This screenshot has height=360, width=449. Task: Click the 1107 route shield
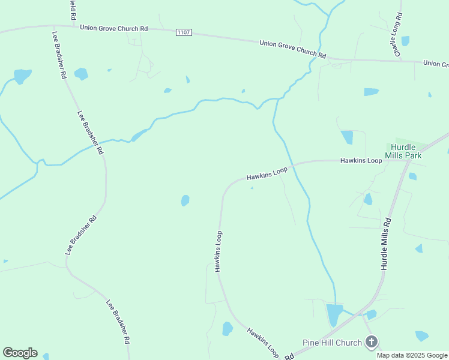pyautogui.click(x=184, y=32)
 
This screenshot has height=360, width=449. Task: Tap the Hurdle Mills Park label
pyautogui.click(x=406, y=151)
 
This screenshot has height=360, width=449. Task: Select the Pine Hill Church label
pyautogui.click(x=332, y=343)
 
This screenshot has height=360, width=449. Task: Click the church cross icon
pyautogui.click(x=372, y=342)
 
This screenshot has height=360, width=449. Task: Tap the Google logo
pyautogui.click(x=20, y=353)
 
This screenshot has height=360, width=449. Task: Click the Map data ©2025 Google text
pyautogui.click(x=412, y=355)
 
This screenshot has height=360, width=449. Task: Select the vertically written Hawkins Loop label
pyautogui.click(x=218, y=251)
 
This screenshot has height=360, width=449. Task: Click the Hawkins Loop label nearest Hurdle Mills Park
pyautogui.click(x=361, y=161)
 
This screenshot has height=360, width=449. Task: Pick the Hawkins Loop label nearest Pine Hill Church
pyautogui.click(x=263, y=342)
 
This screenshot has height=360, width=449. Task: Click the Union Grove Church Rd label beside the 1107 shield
pyautogui.click(x=113, y=28)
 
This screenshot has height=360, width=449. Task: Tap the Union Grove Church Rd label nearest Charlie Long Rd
pyautogui.click(x=292, y=49)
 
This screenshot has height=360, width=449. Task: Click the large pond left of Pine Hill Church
pyautogui.click(x=334, y=314)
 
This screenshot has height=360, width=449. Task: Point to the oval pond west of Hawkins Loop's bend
pyautogui.click(x=185, y=200)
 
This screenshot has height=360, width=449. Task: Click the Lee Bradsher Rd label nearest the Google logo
pyautogui.click(x=118, y=321)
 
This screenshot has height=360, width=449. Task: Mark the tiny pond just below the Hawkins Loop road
pyautogui.click(x=252, y=188)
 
